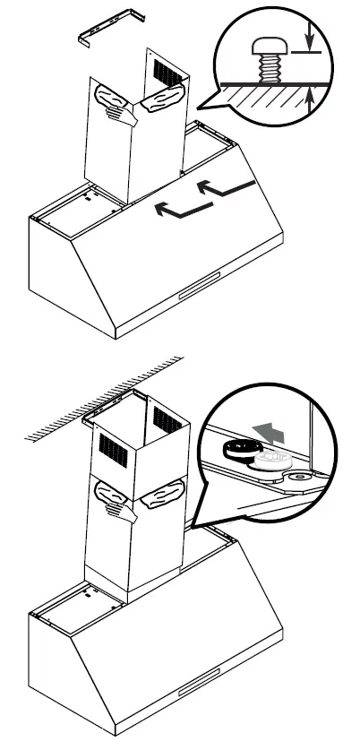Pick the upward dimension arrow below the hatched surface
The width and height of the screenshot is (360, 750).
point(309,103)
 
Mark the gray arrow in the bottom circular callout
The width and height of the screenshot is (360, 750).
point(270,435)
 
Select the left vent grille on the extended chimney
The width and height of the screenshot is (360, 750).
point(115,446)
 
